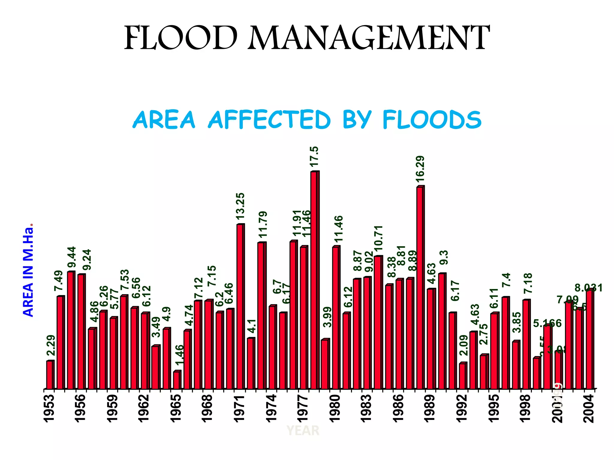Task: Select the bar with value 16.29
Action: [420, 287]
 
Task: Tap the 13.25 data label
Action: [240, 206]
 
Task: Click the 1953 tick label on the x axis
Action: [49, 408]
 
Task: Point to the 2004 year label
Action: [589, 408]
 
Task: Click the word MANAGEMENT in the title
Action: [368, 38]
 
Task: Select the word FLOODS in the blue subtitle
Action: [432, 120]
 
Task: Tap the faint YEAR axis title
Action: [303, 431]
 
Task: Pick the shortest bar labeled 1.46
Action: [177, 380]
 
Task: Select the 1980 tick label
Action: [335, 408]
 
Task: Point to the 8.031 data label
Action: [588, 288]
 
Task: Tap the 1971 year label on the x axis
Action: [240, 408]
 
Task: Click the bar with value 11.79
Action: [261, 316]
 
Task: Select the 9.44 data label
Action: [72, 257]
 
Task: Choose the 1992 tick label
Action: [462, 408]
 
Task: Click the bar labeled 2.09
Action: [463, 376]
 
